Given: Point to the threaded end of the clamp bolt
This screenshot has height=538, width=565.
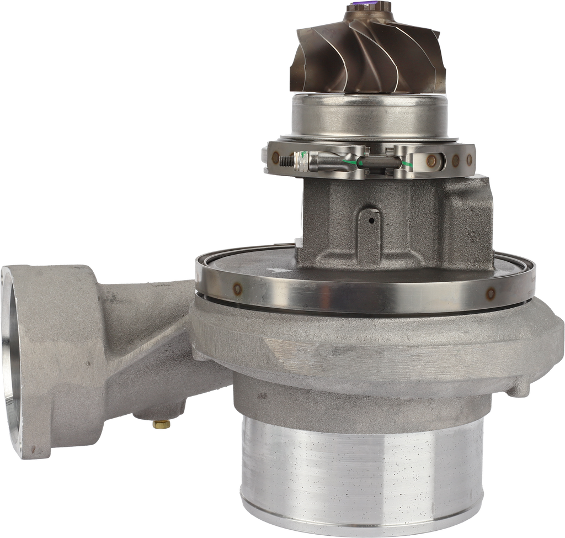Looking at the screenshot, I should click(x=287, y=162).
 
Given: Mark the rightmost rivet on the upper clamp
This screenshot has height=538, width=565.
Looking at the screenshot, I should click(x=469, y=161).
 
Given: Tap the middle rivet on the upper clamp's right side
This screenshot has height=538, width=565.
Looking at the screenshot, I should click(x=455, y=161).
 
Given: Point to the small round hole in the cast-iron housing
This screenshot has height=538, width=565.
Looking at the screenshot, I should click(x=371, y=221).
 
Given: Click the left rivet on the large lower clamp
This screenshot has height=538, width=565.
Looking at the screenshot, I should click(x=237, y=288).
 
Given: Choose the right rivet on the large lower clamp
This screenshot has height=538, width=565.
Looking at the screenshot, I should click(x=488, y=293).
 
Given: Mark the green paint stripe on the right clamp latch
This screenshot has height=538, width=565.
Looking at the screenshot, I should click(x=409, y=164).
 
